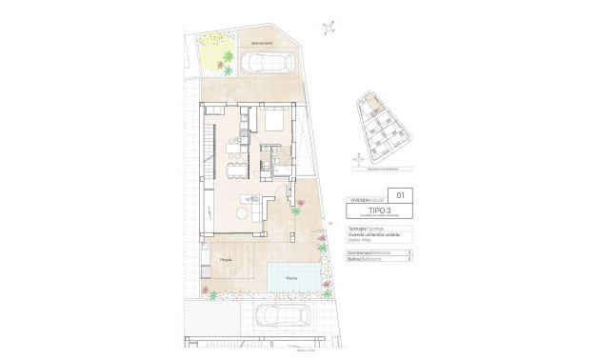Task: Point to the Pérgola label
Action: pos(225,259)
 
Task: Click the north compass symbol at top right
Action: pos(329,28)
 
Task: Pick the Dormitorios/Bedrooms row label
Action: pos(366,252)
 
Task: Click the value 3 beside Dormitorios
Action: pos(409,252)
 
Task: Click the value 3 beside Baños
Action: pos(409,259)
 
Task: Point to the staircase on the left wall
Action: pos(209,152)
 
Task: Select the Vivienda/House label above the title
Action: pos(364,198)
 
